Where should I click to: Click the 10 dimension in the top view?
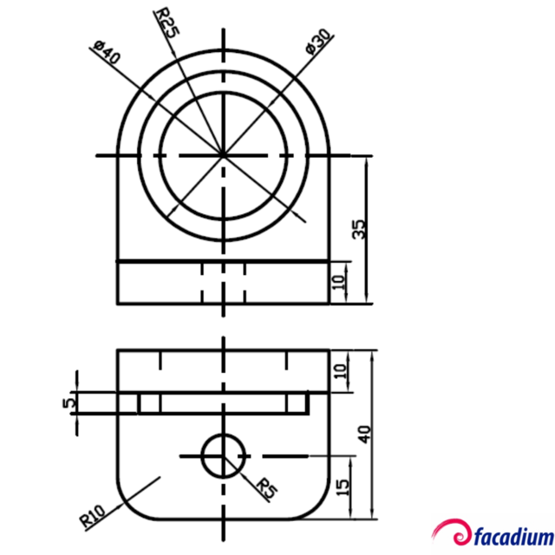pos(340,280)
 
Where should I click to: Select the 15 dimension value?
pos(343,488)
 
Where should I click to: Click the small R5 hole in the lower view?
pos(223,455)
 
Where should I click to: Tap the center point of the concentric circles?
pos(223,155)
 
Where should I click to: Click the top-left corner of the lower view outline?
pos(118,350)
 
